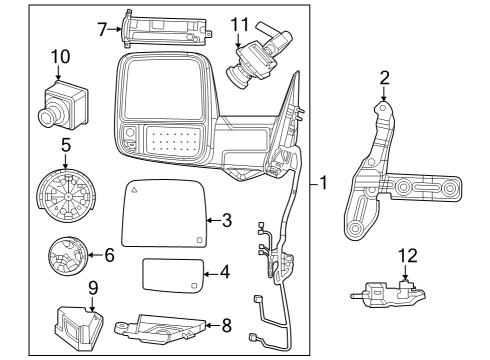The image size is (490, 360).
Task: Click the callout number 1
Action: coord(325,184)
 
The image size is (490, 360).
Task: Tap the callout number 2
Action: coord(384,78)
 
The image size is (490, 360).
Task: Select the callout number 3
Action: coord(227,219)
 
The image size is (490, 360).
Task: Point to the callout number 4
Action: coord(225,271)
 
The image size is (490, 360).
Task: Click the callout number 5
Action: coord(65,144)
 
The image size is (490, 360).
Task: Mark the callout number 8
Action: coord(226,324)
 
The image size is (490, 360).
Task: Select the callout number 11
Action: coord(240,23)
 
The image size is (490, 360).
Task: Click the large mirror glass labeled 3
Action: coord(163,213)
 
